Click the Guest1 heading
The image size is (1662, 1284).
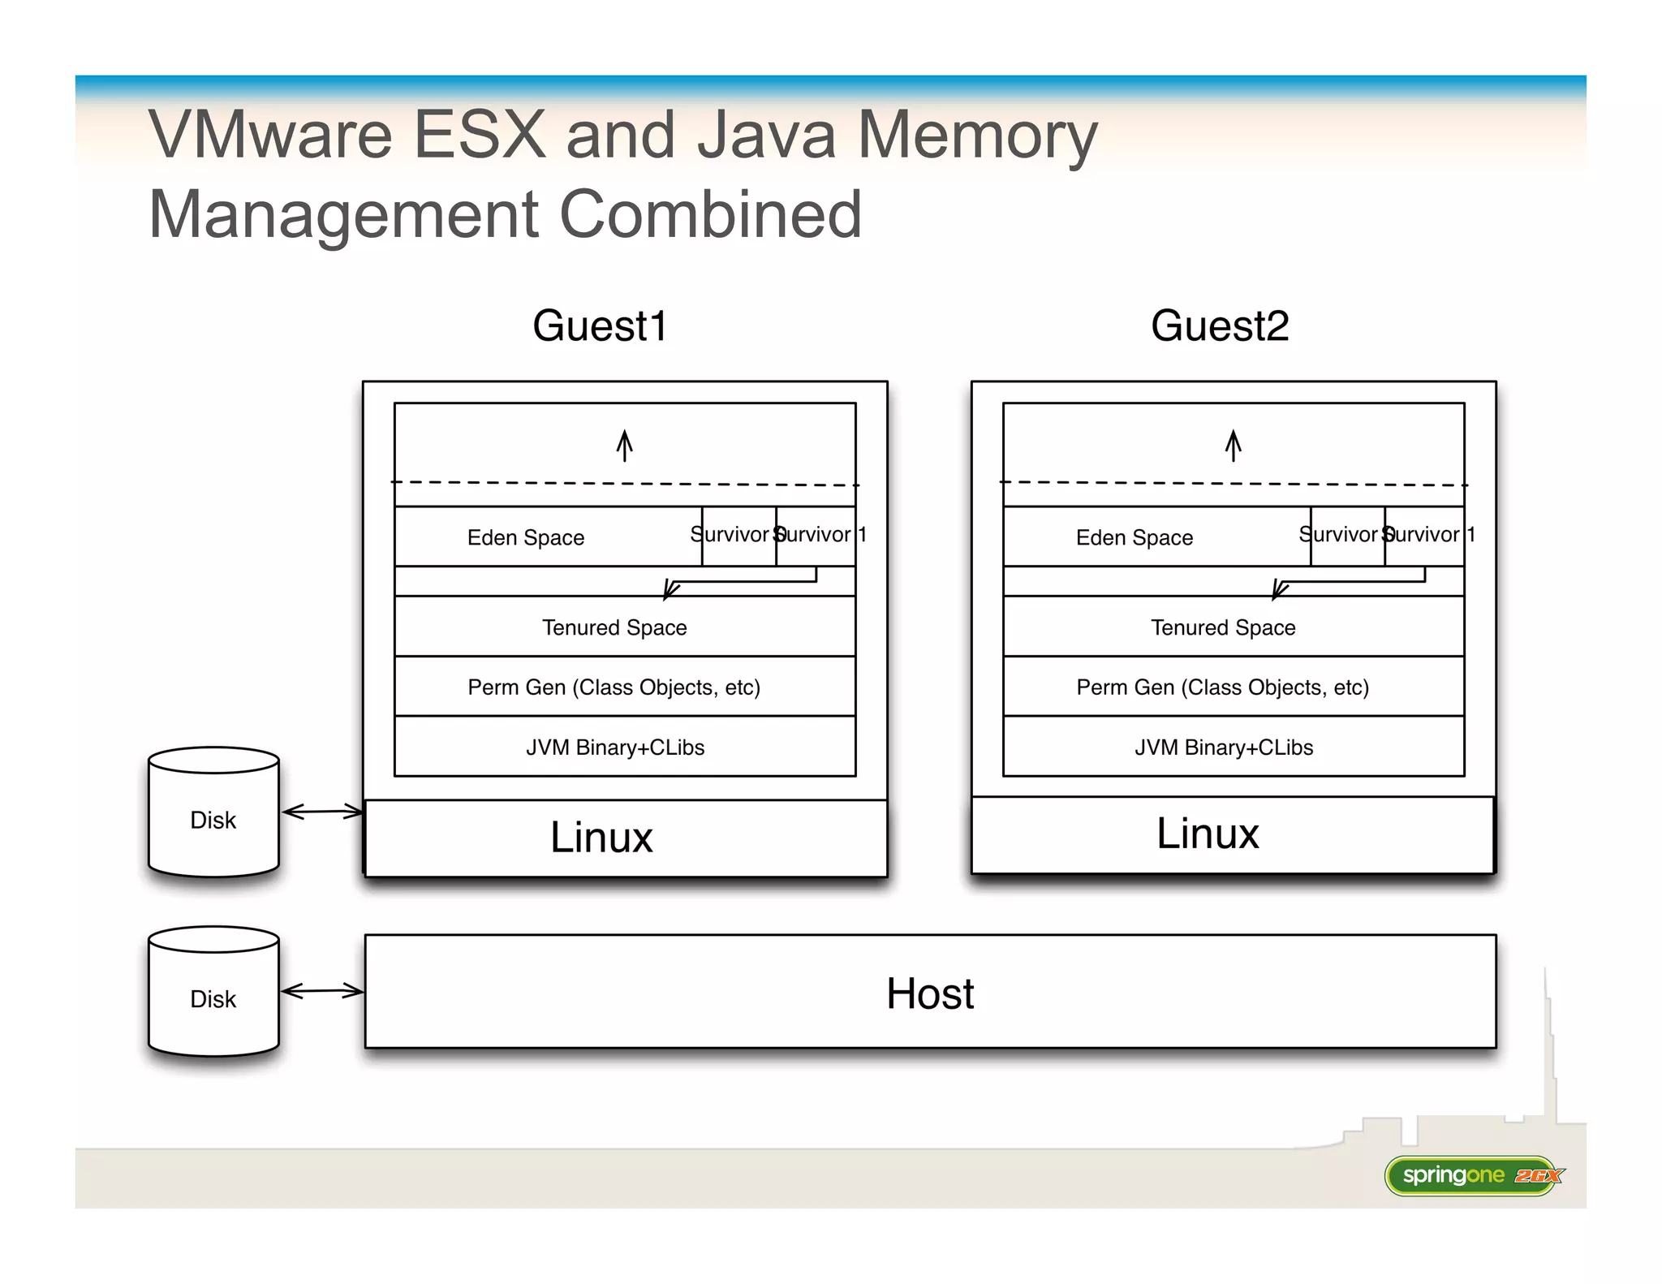coord(599,326)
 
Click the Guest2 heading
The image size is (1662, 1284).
coord(1219,326)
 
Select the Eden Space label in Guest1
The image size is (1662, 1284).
coord(525,537)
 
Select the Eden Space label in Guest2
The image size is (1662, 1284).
coord(1134,537)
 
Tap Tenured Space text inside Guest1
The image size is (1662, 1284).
coord(614,627)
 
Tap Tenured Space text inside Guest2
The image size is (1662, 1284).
coord(1223,627)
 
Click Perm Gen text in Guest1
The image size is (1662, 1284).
coord(614,687)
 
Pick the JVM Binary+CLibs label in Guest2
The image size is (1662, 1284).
coord(1223,748)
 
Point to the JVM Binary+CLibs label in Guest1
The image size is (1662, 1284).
coord(614,748)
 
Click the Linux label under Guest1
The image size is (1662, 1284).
coord(601,838)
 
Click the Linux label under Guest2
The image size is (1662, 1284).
coord(1208,834)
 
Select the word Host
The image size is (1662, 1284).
coord(929,993)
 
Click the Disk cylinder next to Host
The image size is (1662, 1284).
coord(213,993)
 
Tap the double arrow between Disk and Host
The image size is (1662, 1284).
coord(322,990)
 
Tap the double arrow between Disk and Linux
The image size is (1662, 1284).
coord(322,812)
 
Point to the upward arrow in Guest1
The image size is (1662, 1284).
coord(624,446)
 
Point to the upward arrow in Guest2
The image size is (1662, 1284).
coord(1233,446)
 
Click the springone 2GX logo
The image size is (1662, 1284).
coord(1473,1175)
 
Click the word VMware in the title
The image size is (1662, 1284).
coord(270,135)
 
